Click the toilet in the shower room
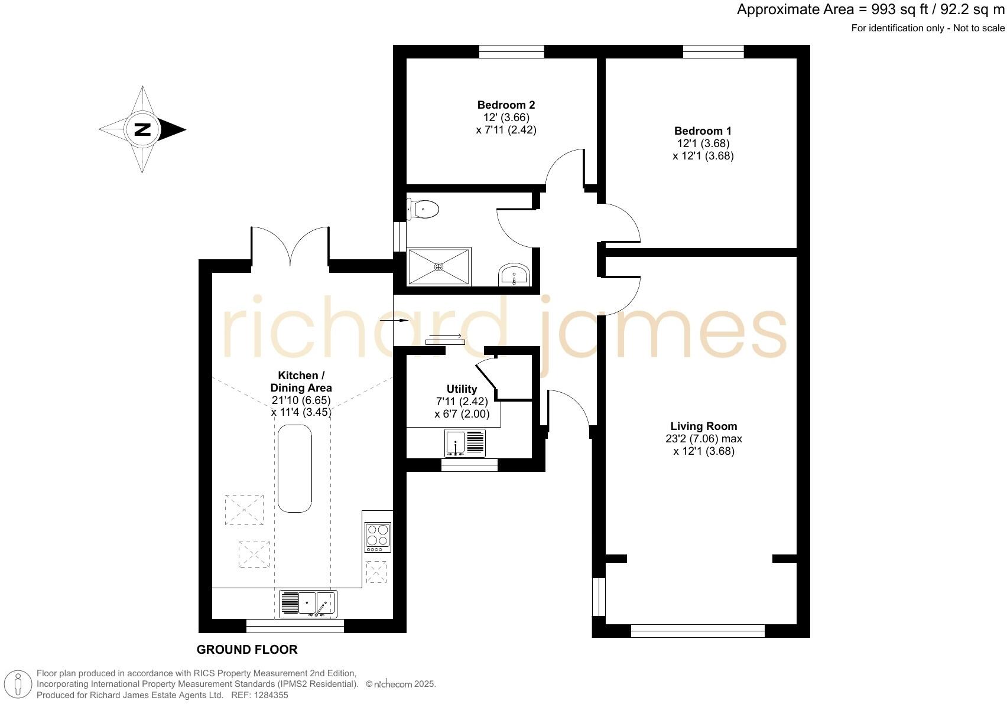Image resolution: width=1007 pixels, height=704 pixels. [424, 209]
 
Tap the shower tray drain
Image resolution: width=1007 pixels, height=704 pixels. [438, 266]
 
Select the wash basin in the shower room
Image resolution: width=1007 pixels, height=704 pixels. [514, 275]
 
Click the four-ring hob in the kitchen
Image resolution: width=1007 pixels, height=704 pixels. [378, 535]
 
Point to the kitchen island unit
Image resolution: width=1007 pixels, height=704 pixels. [294, 470]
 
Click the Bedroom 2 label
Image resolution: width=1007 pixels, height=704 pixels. [506, 105]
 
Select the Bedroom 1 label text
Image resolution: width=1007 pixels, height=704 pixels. [703, 131]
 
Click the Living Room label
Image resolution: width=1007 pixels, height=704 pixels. [703, 426]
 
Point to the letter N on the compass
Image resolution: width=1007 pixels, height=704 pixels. [142, 129]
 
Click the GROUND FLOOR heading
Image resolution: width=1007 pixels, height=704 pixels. [246, 650]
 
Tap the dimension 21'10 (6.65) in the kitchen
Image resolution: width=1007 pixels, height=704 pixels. [301, 400]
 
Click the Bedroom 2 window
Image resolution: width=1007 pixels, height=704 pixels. [511, 52]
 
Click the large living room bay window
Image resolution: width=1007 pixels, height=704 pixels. [697, 631]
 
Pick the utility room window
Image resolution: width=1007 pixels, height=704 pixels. [469, 465]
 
